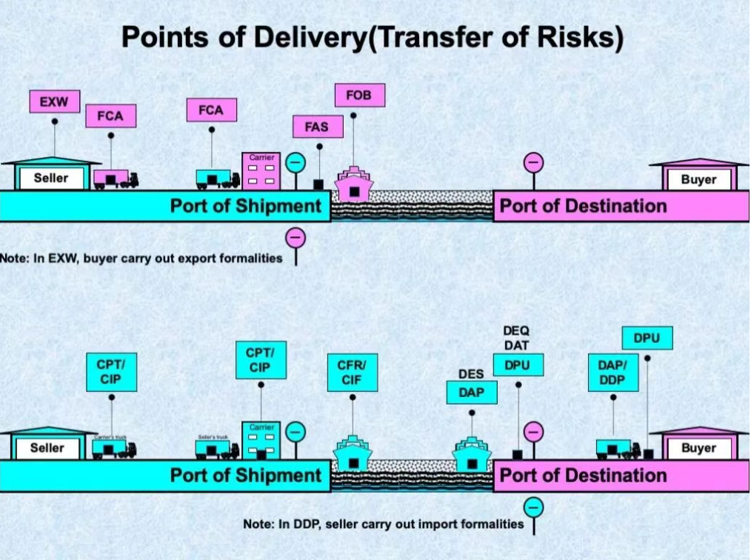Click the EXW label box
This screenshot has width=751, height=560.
54,101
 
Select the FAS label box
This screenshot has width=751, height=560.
316,127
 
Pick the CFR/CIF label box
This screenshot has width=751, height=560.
353,373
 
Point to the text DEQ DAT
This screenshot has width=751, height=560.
516,338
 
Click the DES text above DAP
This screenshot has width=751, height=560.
471,375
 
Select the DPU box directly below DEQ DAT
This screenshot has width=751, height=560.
518,364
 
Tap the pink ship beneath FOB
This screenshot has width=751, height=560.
354,184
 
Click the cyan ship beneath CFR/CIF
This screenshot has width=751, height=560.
353,453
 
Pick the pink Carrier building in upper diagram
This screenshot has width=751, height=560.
261,170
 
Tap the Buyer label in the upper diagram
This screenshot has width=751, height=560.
698,179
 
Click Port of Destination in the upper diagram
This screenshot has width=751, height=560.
583,206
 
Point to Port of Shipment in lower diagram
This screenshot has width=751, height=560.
246,476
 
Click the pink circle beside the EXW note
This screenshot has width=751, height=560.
296,239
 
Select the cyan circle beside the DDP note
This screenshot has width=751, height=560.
533,507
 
